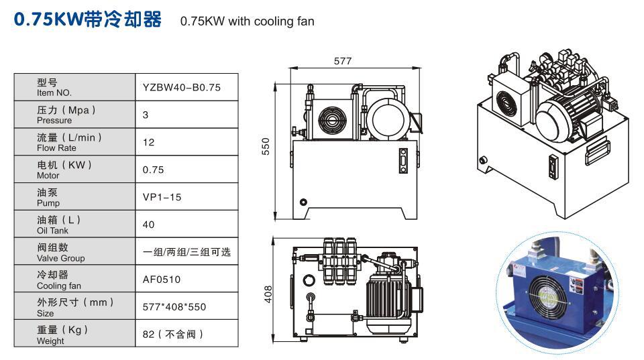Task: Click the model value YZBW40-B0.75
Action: pos(181,87)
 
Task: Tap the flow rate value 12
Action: pos(149,142)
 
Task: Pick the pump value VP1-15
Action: pos(162,197)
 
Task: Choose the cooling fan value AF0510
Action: pos(162,280)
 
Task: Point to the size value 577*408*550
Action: pos(174,307)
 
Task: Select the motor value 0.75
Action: pos(153,170)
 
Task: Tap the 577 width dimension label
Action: pos(342,62)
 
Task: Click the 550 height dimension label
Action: pos(266,147)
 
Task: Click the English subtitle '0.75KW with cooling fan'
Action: pos(247,21)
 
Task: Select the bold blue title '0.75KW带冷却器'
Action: pos(88,19)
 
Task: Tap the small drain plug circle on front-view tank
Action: pos(303,202)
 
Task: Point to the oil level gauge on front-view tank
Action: pos(402,161)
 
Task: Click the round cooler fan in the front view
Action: pos(331,122)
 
